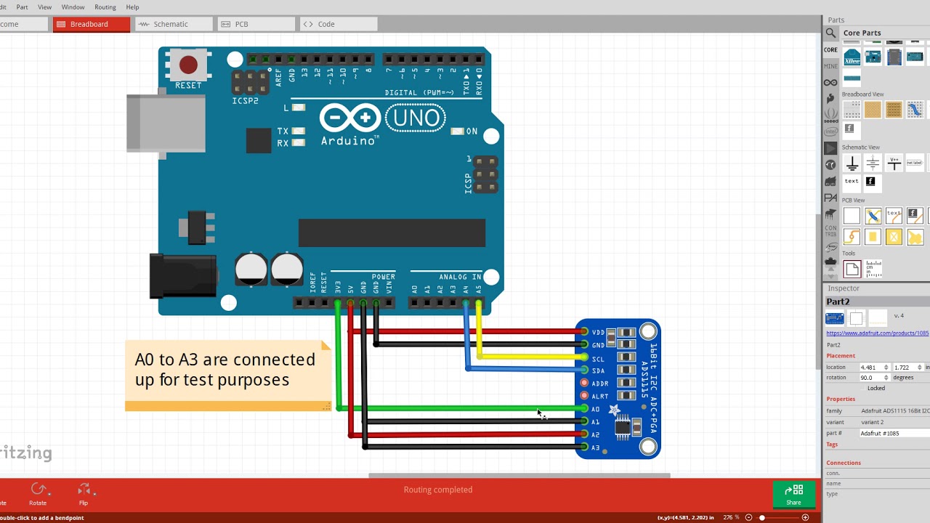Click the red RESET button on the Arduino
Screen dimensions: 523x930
(188, 65)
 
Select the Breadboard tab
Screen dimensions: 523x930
(89, 24)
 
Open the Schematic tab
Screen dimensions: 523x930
(171, 24)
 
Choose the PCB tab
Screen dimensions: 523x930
(241, 24)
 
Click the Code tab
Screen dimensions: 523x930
(326, 24)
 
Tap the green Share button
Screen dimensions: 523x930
(793, 494)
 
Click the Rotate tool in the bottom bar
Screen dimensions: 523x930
(38, 493)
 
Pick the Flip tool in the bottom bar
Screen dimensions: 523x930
(84, 493)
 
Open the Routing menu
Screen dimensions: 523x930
(105, 7)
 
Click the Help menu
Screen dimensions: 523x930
(132, 7)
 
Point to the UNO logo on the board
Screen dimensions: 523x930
(416, 118)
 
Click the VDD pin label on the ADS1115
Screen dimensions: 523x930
(598, 332)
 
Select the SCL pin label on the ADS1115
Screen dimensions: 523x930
(598, 359)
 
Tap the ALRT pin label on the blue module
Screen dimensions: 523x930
(599, 397)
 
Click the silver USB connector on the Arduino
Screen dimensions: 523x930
(166, 123)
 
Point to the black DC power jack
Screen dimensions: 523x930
(182, 276)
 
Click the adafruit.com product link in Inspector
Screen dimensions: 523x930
(878, 333)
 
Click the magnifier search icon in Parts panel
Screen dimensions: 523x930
(830, 33)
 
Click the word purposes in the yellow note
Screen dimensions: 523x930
(248, 380)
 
